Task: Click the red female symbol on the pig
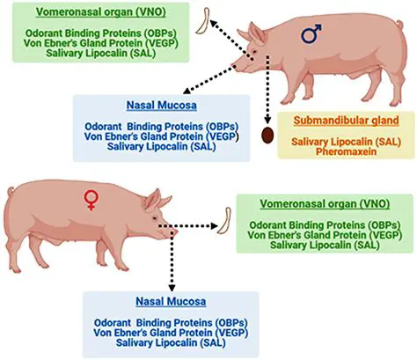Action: click(x=90, y=201)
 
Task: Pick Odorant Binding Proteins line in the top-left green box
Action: click(x=99, y=33)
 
